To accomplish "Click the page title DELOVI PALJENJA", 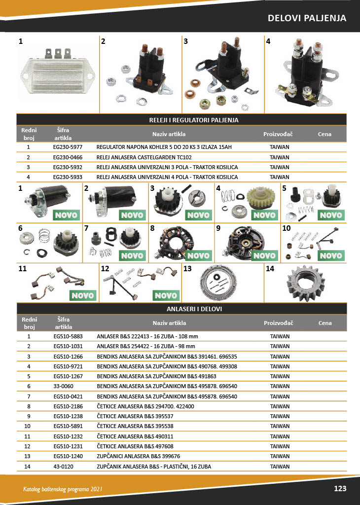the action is click(307, 18).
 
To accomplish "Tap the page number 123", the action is click(340, 489).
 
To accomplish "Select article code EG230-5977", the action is click(68, 147).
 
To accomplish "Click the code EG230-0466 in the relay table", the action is click(68, 157).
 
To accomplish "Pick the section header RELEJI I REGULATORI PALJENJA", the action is click(194, 120).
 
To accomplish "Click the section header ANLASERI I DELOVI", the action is click(194, 309).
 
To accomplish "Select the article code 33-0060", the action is click(64, 386).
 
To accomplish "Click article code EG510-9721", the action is click(68, 366).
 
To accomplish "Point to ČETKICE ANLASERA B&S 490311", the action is click(135, 437).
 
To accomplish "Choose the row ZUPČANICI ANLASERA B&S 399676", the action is click(139, 456).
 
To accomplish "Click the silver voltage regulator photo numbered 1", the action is click(57, 72).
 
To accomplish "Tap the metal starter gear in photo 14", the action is click(306, 283).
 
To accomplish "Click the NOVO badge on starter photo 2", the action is click(132, 215).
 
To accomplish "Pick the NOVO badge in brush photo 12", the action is click(166, 295).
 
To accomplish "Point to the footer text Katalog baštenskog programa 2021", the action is click(63, 489).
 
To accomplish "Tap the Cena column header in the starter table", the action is click(325, 323).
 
